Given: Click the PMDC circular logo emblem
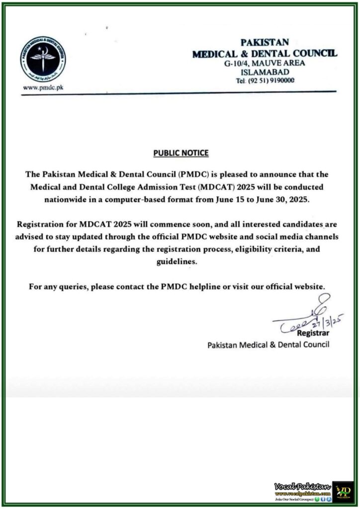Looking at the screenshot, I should coord(43,59).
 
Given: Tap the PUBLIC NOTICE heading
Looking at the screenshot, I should coord(180,153).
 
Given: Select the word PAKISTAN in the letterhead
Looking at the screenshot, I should coord(265,43).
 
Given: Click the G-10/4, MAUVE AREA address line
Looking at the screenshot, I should coord(265,63).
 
